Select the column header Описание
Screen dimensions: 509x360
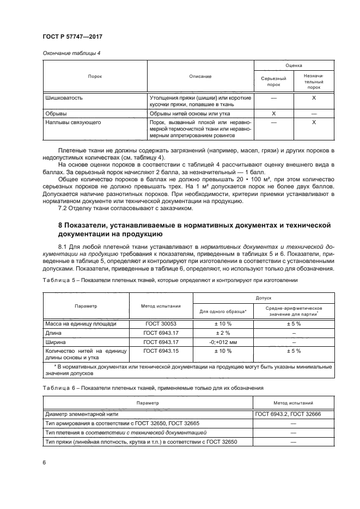point(200,76)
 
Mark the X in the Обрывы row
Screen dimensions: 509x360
point(273,113)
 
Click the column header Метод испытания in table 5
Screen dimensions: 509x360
point(161,306)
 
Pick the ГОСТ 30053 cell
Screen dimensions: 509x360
point(161,323)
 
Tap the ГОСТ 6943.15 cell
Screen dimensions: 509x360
point(161,351)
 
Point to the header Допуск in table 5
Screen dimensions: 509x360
point(264,299)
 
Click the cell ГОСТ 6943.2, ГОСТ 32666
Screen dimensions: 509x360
point(291,414)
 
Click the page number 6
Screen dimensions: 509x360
point(43,462)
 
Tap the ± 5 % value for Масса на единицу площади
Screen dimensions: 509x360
point(294,323)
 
